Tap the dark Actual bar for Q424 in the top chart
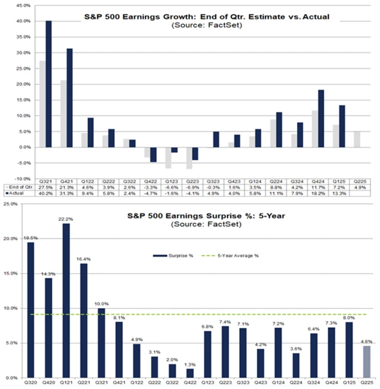[x=321, y=118]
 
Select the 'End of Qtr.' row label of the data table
[x=20, y=186]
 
